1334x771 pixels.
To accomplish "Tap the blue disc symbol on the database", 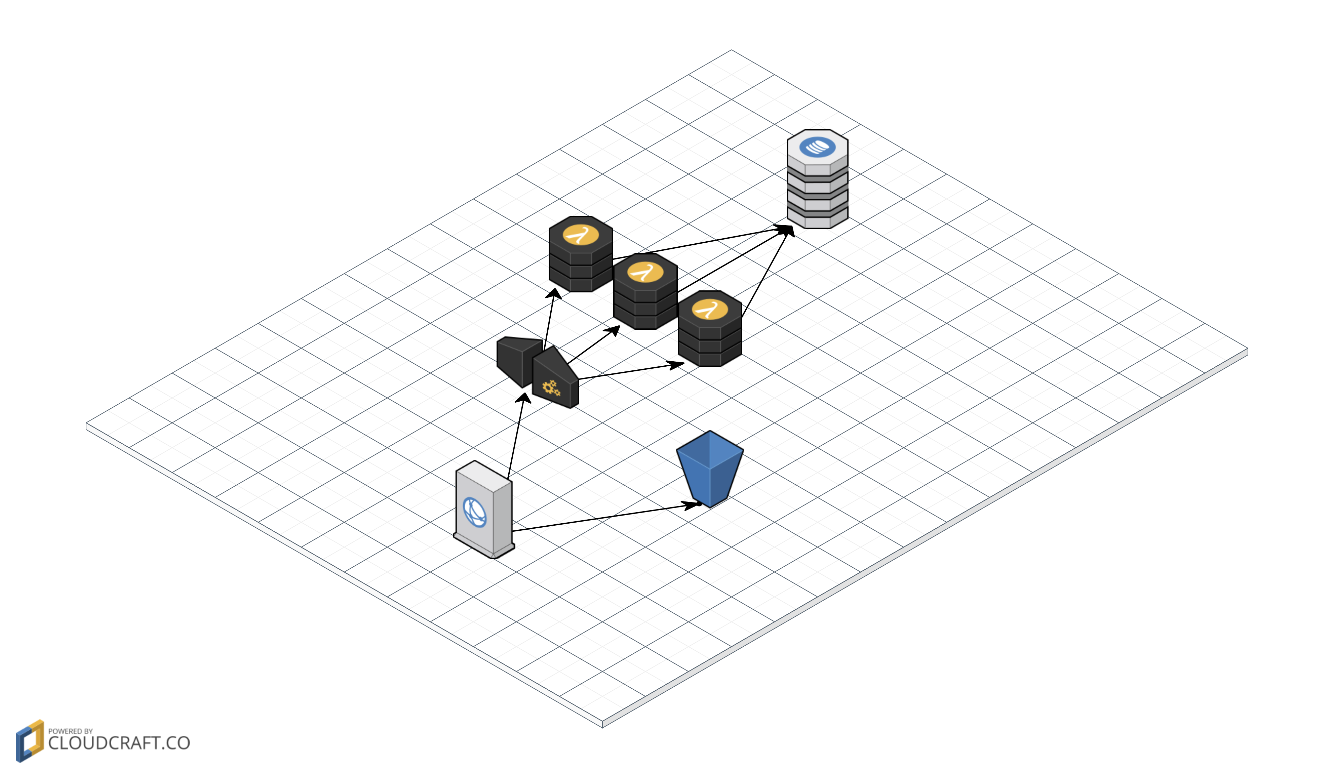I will point(817,147).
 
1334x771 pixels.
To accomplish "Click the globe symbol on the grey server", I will point(475,512).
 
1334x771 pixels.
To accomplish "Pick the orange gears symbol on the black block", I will point(551,388).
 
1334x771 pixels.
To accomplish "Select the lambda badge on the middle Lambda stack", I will point(645,272).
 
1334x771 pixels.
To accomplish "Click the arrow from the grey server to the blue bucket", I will point(603,517).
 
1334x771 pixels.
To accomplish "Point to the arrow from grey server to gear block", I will point(516,437).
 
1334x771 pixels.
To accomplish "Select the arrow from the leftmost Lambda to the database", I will point(699,243).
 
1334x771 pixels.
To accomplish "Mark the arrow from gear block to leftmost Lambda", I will point(549,320).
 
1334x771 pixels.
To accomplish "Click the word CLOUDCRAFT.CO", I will point(119,743).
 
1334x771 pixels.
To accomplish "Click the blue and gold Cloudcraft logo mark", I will point(30,740).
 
